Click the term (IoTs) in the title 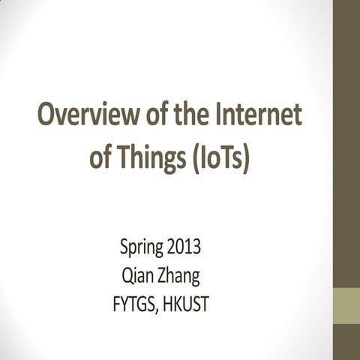click(220, 158)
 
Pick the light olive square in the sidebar click(346, 304)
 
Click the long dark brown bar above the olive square click(346, 142)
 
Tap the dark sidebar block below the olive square click(346, 341)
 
